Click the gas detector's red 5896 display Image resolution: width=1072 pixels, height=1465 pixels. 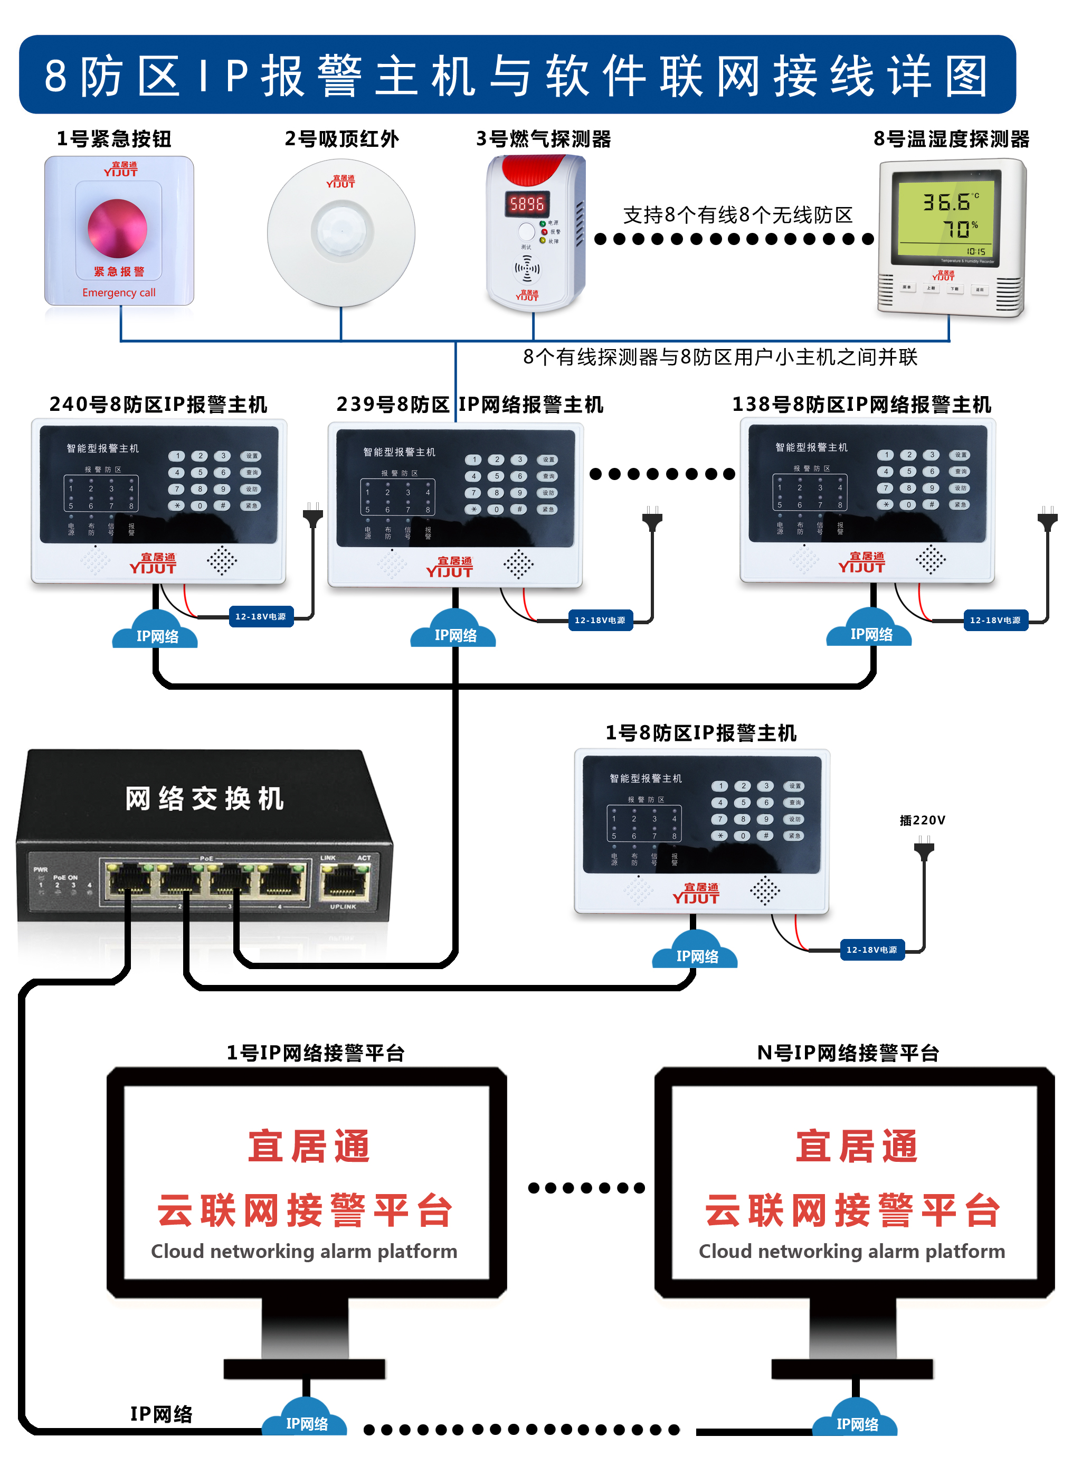pyautogui.click(x=527, y=204)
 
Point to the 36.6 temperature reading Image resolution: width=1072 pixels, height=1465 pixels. pyautogui.click(x=947, y=202)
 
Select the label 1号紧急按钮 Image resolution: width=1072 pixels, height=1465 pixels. pyautogui.click(x=114, y=138)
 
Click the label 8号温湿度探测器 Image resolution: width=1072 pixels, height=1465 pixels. pyautogui.click(x=951, y=138)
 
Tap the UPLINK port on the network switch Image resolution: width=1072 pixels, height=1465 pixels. pyautogui.click(x=345, y=884)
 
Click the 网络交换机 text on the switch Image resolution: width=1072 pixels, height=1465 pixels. pyautogui.click(x=204, y=799)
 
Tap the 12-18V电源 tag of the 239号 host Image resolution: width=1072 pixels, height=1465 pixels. pyautogui.click(x=600, y=620)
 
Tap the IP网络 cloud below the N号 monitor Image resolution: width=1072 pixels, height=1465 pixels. pyautogui.click(x=857, y=1422)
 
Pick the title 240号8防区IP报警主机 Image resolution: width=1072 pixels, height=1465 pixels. pyautogui.click(x=158, y=405)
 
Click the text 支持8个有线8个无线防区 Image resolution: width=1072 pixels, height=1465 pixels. pyautogui.click(x=738, y=215)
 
